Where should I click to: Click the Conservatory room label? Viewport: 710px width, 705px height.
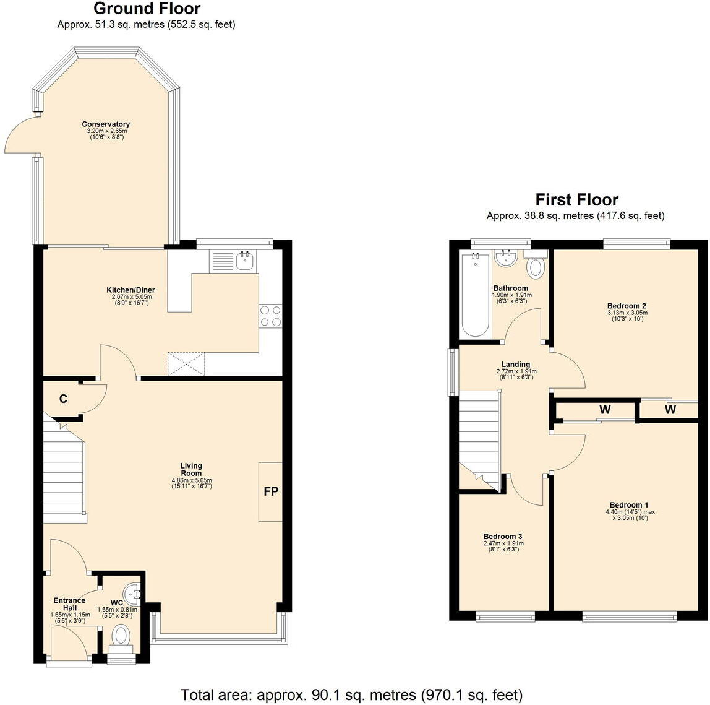(x=106, y=124)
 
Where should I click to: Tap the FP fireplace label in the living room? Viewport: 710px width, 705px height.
(x=271, y=491)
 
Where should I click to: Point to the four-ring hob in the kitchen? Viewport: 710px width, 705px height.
(x=270, y=316)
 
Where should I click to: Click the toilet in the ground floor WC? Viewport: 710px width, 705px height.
(x=121, y=636)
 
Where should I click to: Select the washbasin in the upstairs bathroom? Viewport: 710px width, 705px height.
(x=507, y=258)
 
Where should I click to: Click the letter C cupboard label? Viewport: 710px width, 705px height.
(x=63, y=399)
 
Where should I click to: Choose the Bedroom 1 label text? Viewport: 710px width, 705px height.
(x=628, y=504)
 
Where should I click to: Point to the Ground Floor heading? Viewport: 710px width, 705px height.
(x=147, y=9)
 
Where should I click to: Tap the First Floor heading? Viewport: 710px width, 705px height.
(x=576, y=199)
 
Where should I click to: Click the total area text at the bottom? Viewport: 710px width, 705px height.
(x=351, y=694)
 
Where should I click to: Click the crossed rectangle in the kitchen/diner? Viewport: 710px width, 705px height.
(x=186, y=363)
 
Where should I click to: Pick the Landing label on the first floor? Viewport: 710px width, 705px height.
(x=515, y=365)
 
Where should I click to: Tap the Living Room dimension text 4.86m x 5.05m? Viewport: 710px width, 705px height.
(x=191, y=480)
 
